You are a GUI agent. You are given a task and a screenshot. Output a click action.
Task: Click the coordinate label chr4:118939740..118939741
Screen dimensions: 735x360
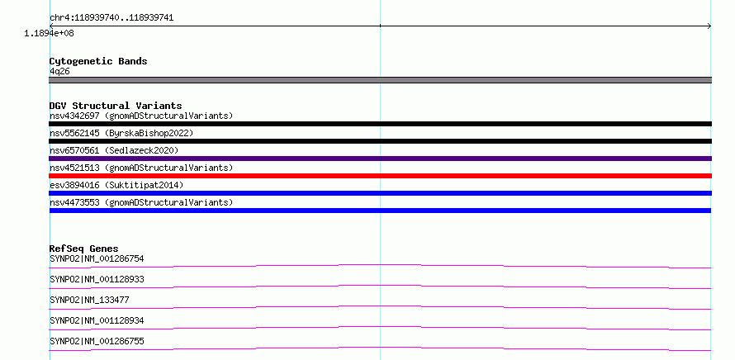(111, 18)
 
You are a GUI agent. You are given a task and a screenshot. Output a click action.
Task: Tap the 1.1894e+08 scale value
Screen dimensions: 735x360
(50, 34)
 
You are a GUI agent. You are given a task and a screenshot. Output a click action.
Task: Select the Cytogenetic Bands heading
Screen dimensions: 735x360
(98, 61)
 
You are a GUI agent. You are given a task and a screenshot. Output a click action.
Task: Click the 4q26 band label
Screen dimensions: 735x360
(60, 71)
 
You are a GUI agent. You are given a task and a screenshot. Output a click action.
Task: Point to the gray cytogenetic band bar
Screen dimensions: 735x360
(380, 80)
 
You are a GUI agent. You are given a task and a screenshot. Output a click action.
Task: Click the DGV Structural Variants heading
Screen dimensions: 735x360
(116, 106)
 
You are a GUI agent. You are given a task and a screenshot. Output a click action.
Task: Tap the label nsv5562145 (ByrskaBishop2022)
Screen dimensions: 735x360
(121, 133)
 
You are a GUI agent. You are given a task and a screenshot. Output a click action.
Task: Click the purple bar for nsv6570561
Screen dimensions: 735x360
(380, 159)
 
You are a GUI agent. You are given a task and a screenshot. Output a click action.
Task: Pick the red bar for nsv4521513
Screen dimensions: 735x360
(380, 176)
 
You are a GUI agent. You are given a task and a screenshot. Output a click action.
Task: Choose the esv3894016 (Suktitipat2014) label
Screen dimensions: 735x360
(116, 185)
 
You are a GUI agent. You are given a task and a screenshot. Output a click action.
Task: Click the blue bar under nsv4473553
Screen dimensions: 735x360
(380, 211)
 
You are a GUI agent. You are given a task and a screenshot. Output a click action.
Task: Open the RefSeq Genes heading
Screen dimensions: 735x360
(84, 249)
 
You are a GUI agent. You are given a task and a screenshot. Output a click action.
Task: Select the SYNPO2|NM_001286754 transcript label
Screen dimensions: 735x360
(97, 258)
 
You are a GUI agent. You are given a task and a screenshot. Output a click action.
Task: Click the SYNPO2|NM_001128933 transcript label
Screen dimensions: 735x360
(97, 279)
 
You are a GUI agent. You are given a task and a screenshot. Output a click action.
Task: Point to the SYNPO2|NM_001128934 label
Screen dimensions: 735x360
(97, 320)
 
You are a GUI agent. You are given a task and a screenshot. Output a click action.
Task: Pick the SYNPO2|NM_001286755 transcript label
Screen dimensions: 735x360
(97, 341)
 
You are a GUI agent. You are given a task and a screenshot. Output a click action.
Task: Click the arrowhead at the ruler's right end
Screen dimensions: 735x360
(710, 26)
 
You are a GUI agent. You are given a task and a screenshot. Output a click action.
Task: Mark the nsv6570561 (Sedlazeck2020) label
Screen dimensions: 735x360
(114, 150)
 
